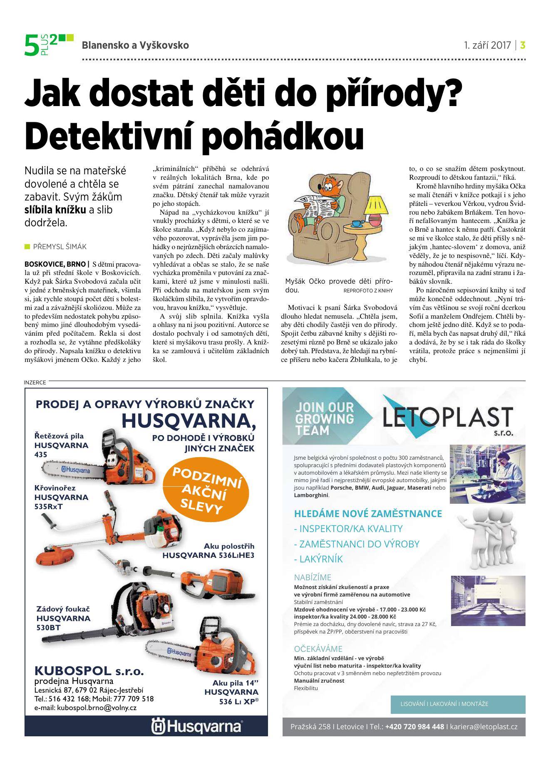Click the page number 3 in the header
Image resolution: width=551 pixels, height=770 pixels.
(523, 45)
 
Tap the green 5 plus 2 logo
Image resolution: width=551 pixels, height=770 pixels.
(47, 45)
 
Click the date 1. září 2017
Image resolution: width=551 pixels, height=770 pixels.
(487, 45)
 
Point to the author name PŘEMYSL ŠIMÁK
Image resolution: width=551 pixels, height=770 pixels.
(59, 247)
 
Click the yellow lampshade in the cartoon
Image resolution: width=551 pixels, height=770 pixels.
(378, 204)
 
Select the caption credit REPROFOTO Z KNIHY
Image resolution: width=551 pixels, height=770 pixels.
(368, 290)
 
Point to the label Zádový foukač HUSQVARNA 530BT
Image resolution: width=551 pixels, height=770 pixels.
(63, 618)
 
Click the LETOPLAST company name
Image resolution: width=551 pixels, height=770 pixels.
(447, 418)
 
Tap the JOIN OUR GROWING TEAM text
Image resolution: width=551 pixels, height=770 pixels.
(325, 418)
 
